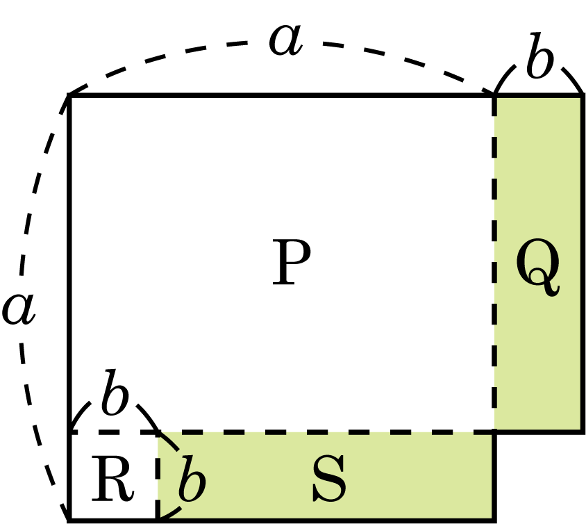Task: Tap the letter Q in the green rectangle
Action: (x=538, y=270)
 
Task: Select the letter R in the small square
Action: (x=112, y=480)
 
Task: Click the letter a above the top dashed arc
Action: (x=286, y=40)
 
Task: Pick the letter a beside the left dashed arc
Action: (x=18, y=309)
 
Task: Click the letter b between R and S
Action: (x=192, y=480)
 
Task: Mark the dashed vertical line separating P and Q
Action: (x=494, y=264)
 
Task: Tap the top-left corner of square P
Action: (x=69, y=96)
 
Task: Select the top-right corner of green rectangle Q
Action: (x=582, y=96)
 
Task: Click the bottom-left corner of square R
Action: (x=69, y=519)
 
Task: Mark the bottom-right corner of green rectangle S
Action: (x=494, y=519)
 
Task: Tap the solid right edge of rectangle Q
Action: (x=582, y=264)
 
